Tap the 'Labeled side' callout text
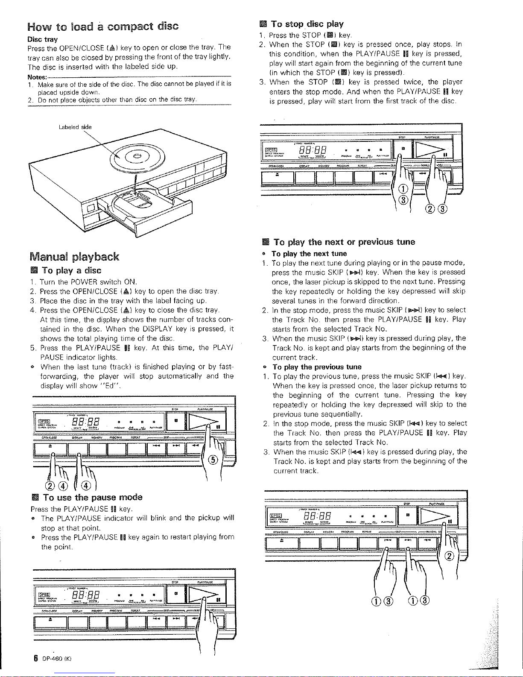pos(77,127)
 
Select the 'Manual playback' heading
pos(74,257)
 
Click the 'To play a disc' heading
pos(72,271)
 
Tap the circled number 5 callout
pos(213,460)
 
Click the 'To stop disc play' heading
pos(307,24)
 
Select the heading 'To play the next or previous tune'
pos(344,242)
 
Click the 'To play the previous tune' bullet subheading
pos(317,367)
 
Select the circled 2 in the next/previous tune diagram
pos(449,556)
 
